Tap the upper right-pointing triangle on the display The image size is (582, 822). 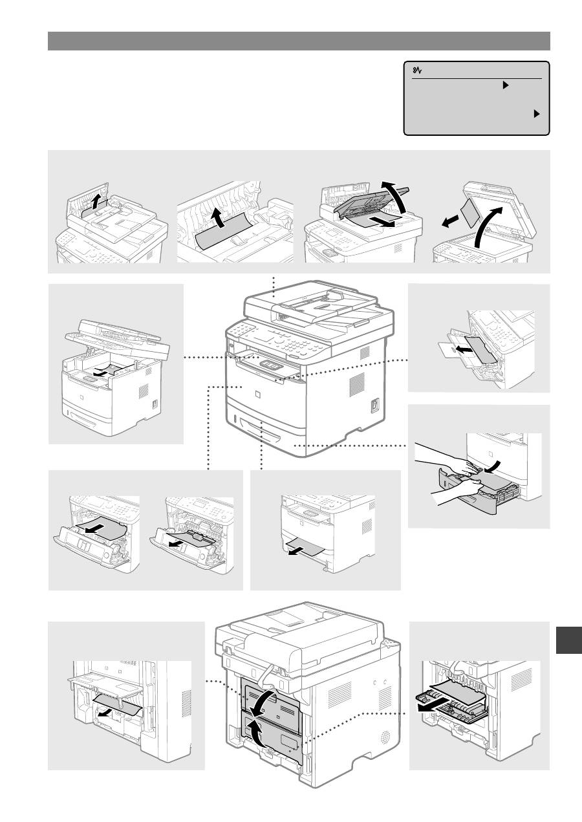click(x=506, y=85)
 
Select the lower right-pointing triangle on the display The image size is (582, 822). click(x=536, y=113)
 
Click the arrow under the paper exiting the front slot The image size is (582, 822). click(x=297, y=551)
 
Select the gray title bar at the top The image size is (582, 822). click(x=299, y=41)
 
